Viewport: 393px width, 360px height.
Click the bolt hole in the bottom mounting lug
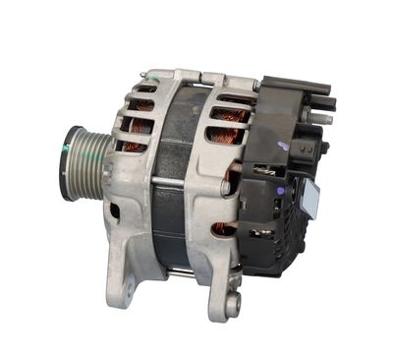pyautogui.click(x=232, y=304)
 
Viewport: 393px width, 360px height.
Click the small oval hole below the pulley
pyautogui.click(x=115, y=210)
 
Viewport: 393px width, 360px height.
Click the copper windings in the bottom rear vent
pyautogui.click(x=225, y=228)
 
